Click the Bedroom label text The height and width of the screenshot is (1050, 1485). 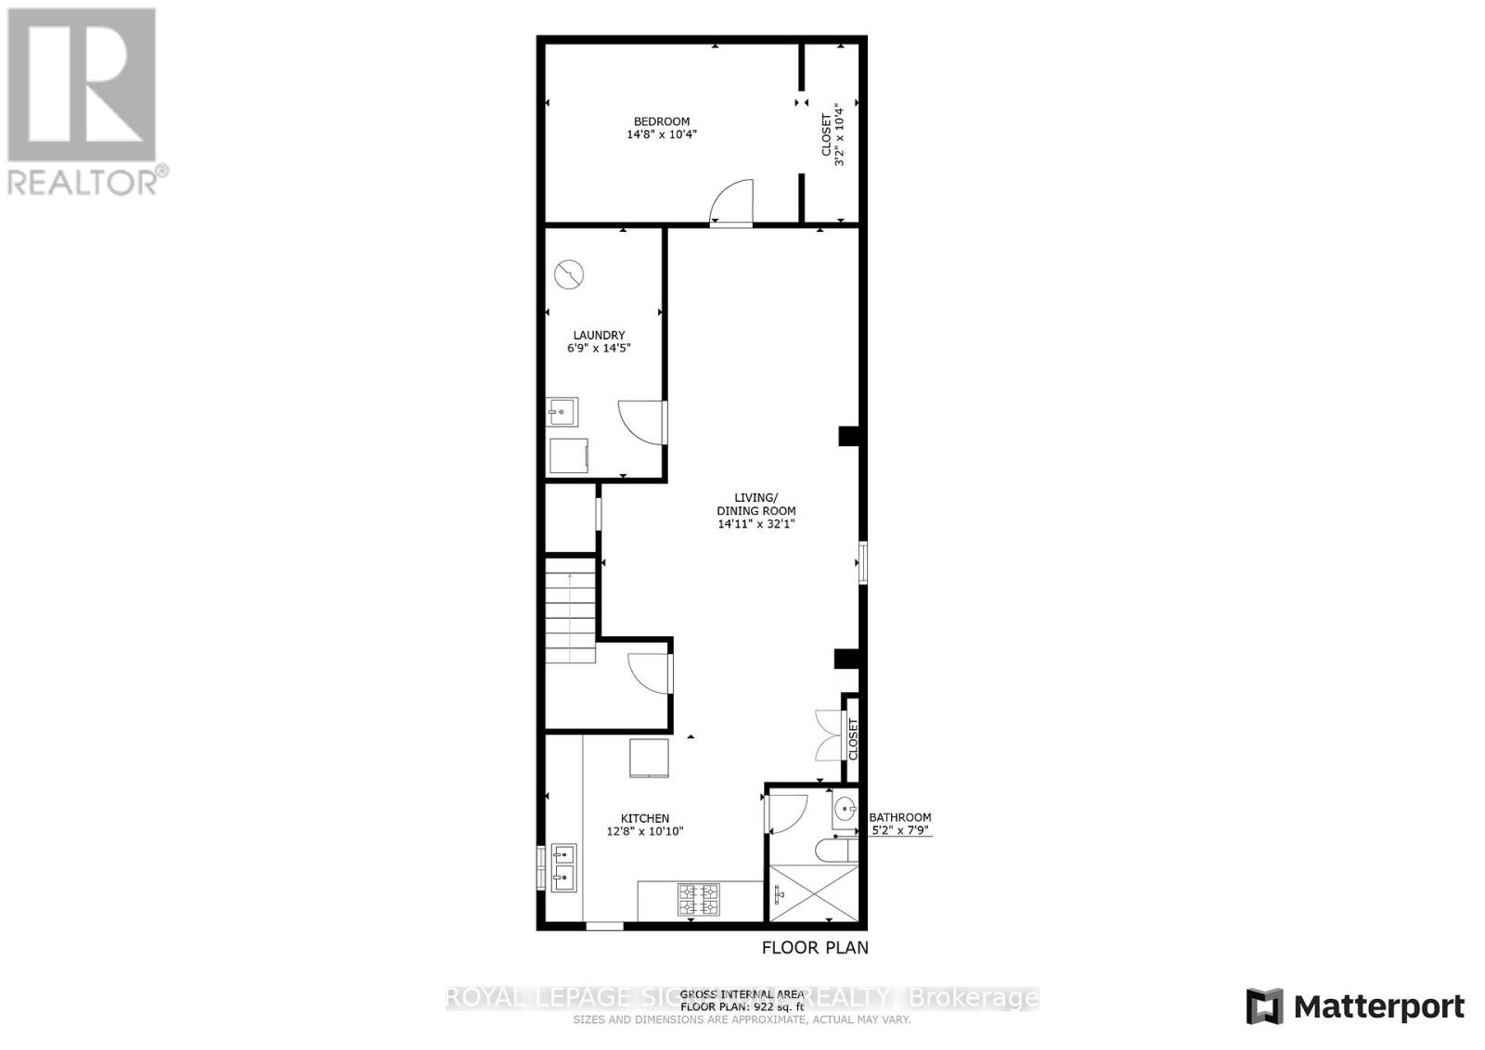pos(661,122)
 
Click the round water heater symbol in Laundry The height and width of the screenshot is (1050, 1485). pos(568,275)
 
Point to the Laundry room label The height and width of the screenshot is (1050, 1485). pos(599,335)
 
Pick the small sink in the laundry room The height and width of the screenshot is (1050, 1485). pos(562,411)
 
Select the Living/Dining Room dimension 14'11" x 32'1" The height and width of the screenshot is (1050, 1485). pos(756,524)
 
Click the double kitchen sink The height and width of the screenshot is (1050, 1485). pos(563,866)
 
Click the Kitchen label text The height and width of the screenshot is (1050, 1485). pos(645,818)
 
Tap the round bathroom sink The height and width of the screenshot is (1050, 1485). pos(845,810)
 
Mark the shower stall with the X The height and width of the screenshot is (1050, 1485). pos(814,892)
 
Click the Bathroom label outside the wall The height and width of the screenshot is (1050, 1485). pos(899,817)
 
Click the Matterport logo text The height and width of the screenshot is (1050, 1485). pos(1379,1006)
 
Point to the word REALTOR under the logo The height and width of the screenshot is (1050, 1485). pos(84,180)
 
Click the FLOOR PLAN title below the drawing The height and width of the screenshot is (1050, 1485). pos(815,947)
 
